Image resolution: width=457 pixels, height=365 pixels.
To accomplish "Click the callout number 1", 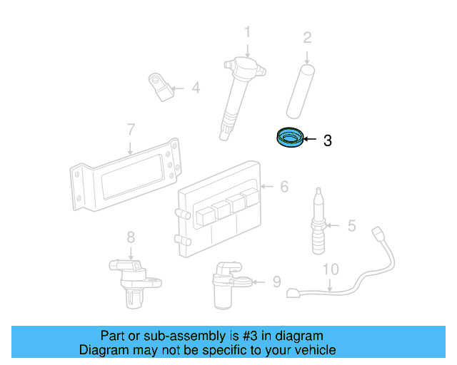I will [x=248, y=31].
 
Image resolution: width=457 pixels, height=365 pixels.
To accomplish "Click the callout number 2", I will [x=307, y=37].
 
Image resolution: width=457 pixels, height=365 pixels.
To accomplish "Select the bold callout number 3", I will [x=327, y=141].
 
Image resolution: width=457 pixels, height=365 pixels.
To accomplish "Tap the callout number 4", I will [x=195, y=89].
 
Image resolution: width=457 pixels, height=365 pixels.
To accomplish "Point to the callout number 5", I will [x=351, y=226].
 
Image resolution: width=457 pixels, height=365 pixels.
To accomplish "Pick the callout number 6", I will [x=284, y=187].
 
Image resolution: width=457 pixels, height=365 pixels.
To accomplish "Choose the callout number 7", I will [x=131, y=130].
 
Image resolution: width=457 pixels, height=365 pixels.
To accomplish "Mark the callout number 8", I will [x=131, y=237].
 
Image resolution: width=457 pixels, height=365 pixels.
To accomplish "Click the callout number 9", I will [x=276, y=282].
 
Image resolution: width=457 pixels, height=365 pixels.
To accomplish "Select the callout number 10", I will [x=330, y=269].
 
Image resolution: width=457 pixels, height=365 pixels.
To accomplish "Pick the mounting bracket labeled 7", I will [x=125, y=175].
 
